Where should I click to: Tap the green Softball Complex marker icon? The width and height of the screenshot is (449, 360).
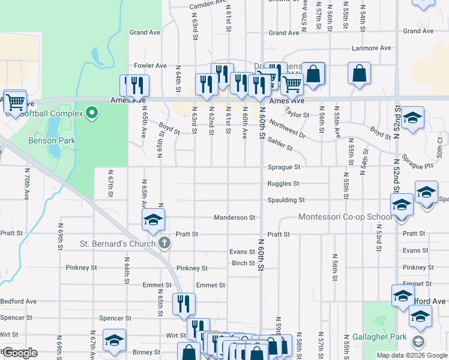[x=91, y=112]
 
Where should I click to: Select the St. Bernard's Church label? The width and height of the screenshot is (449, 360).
[x=118, y=244]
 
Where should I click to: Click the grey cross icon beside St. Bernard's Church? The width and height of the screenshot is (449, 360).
[x=164, y=243]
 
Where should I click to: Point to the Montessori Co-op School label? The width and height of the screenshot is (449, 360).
[x=345, y=217]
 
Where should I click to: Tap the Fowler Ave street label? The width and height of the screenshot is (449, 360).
[x=150, y=65]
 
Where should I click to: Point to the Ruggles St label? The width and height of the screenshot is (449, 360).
[x=284, y=184]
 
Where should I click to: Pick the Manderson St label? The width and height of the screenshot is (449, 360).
[x=235, y=217]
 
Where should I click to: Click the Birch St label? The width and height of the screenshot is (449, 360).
[x=243, y=263]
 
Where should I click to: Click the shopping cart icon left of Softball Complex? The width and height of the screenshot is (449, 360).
[x=14, y=101]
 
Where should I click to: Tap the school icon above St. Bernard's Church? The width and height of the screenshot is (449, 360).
[x=153, y=220]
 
